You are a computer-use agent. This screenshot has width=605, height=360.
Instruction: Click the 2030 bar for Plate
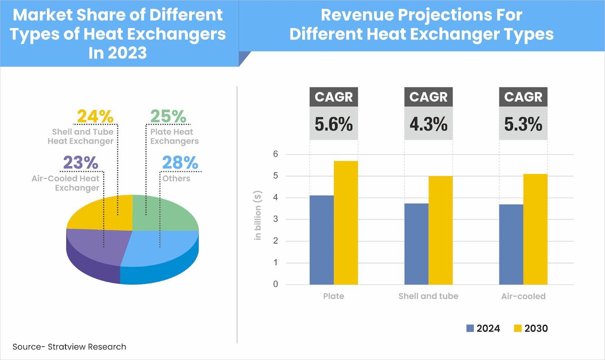(346, 223)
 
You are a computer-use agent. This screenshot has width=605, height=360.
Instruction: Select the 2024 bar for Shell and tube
(416, 244)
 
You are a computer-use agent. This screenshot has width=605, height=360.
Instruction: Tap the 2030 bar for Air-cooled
(535, 229)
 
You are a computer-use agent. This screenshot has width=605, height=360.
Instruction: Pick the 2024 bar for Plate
(321, 240)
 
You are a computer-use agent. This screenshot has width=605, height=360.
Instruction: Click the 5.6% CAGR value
(334, 124)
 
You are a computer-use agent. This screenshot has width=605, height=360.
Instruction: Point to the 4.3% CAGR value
(428, 124)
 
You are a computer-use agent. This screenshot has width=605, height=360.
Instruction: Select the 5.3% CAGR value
(523, 124)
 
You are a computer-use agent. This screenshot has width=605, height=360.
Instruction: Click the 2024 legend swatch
(470, 328)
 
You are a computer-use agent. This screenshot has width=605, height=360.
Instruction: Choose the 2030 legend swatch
(518, 328)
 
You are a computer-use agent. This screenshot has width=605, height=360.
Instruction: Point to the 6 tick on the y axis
(276, 154)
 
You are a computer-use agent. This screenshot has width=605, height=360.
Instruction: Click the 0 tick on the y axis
(276, 284)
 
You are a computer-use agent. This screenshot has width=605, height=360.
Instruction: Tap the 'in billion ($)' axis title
(258, 215)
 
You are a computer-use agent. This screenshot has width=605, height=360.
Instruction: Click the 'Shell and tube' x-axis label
(428, 296)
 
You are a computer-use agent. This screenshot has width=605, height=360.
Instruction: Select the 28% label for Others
(180, 163)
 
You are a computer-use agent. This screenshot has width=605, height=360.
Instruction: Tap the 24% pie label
(95, 116)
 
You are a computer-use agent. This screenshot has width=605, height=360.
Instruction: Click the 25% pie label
(168, 116)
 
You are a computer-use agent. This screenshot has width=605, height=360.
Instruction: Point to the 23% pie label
(81, 163)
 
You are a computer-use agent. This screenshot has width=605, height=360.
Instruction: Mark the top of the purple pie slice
(98, 244)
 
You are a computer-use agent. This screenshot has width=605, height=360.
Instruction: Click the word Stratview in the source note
(67, 347)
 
